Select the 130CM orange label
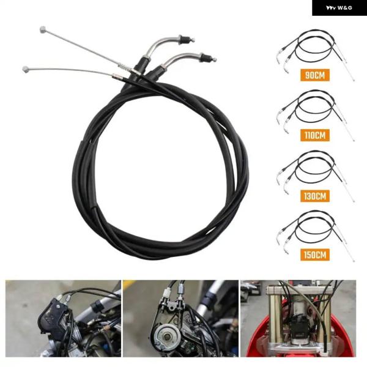315,196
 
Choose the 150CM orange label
315,254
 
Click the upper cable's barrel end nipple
43,29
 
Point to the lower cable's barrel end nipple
26,69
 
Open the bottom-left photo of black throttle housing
63,319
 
